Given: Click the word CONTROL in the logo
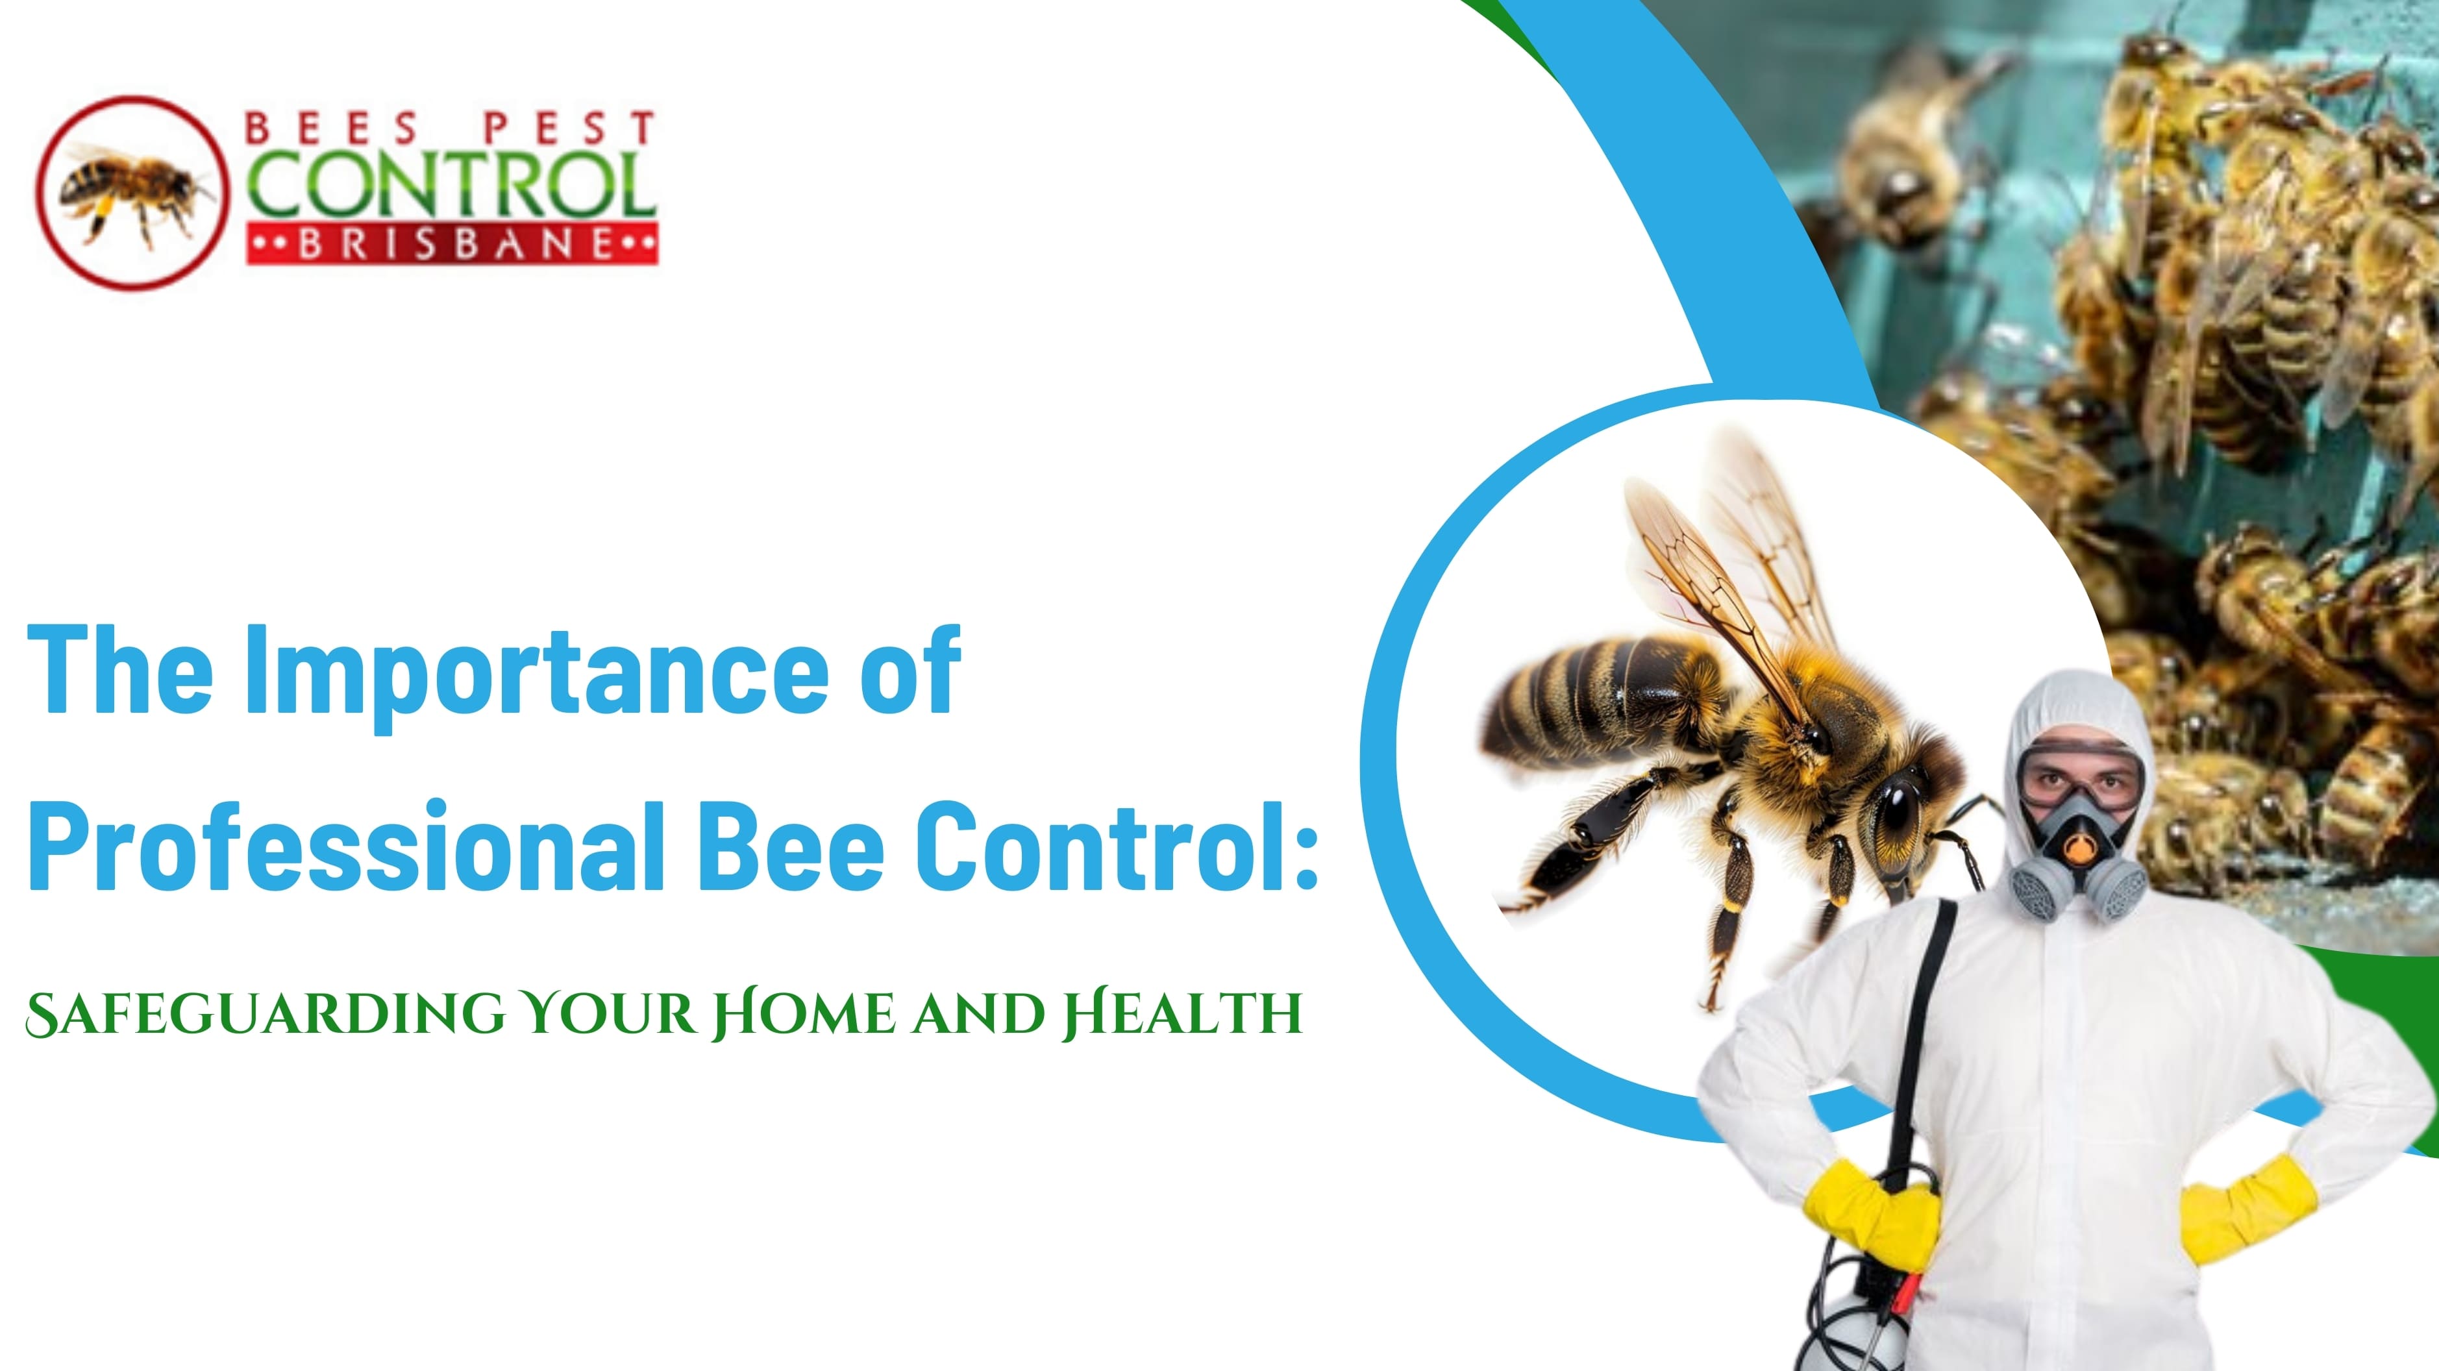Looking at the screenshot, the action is pyautogui.click(x=451, y=184).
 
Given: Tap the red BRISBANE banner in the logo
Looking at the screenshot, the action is pyautogui.click(x=452, y=244).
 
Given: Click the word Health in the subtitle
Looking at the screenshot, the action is pyautogui.click(x=1182, y=1014).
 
